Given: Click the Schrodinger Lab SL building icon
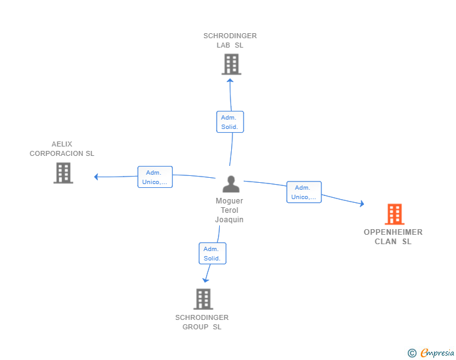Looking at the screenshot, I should (231, 64).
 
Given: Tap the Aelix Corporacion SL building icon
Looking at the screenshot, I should (63, 173).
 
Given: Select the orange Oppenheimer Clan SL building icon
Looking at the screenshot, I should (394, 214).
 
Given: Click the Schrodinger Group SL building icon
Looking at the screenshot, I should (203, 299).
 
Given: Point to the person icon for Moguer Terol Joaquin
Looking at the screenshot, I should (231, 184).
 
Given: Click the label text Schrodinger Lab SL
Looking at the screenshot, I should (230, 41).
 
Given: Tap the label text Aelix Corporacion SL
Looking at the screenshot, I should (62, 149).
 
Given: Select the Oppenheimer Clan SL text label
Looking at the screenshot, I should (393, 237).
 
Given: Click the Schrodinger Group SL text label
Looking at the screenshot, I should (202, 322).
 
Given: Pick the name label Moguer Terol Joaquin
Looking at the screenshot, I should (229, 210).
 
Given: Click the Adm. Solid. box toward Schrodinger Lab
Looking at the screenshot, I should (230, 122).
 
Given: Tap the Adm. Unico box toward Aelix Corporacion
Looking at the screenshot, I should (155, 177).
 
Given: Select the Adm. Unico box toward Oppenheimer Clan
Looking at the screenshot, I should (304, 192).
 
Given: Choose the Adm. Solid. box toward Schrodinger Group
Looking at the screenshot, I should (212, 254).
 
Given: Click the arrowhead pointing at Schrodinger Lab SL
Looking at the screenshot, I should (230, 80).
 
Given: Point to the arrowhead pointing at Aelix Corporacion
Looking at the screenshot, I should (96, 177).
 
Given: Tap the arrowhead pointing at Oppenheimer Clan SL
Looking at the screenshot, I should (361, 203).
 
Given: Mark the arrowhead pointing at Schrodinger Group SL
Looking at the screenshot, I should (205, 279).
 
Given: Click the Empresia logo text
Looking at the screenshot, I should (437, 353).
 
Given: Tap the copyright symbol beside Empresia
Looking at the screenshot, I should (412, 353).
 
